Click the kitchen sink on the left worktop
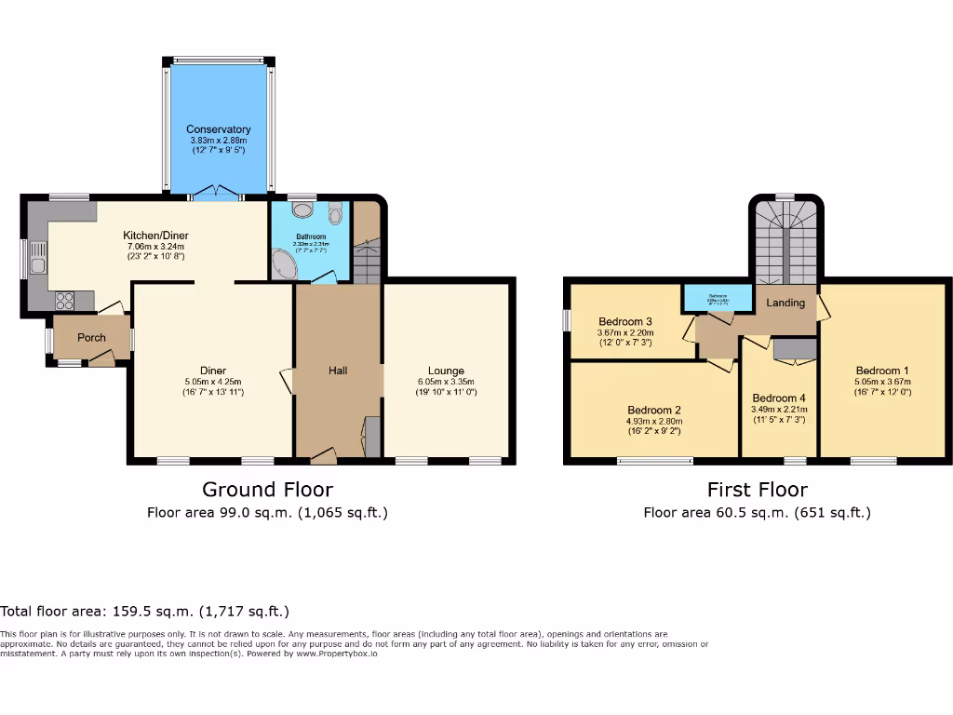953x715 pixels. pyautogui.click(x=38, y=259)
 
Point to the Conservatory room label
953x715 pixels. pyautogui.click(x=219, y=129)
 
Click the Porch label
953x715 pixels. pyautogui.click(x=91, y=338)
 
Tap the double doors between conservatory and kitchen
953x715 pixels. pyautogui.click(x=216, y=194)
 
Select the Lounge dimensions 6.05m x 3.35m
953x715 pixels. pyautogui.click(x=446, y=382)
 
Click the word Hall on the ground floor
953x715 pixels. pyautogui.click(x=338, y=371)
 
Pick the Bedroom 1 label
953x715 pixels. pyautogui.click(x=882, y=370)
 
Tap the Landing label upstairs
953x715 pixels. pyautogui.click(x=785, y=303)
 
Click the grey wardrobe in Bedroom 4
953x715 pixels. pyautogui.click(x=794, y=348)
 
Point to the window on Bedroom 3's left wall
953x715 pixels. pyautogui.click(x=566, y=319)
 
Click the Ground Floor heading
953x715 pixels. pyautogui.click(x=267, y=490)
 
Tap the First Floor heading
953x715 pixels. pyautogui.click(x=757, y=490)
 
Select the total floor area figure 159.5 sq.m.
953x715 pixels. pyautogui.click(x=144, y=612)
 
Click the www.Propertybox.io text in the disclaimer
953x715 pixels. pyautogui.click(x=337, y=654)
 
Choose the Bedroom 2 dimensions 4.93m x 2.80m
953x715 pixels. pyautogui.click(x=654, y=421)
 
